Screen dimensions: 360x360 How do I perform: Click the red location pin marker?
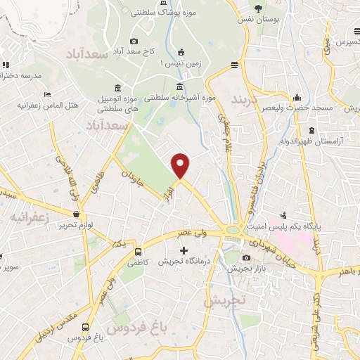pos(181,165)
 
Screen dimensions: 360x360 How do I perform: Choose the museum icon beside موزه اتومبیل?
pos(116,89)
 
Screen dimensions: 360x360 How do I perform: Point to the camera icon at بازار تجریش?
pos(245,258)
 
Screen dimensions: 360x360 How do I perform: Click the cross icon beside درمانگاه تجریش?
pos(184,250)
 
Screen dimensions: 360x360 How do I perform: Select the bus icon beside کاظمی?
pos(138,251)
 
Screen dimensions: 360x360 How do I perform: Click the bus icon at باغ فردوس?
pos(85,328)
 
